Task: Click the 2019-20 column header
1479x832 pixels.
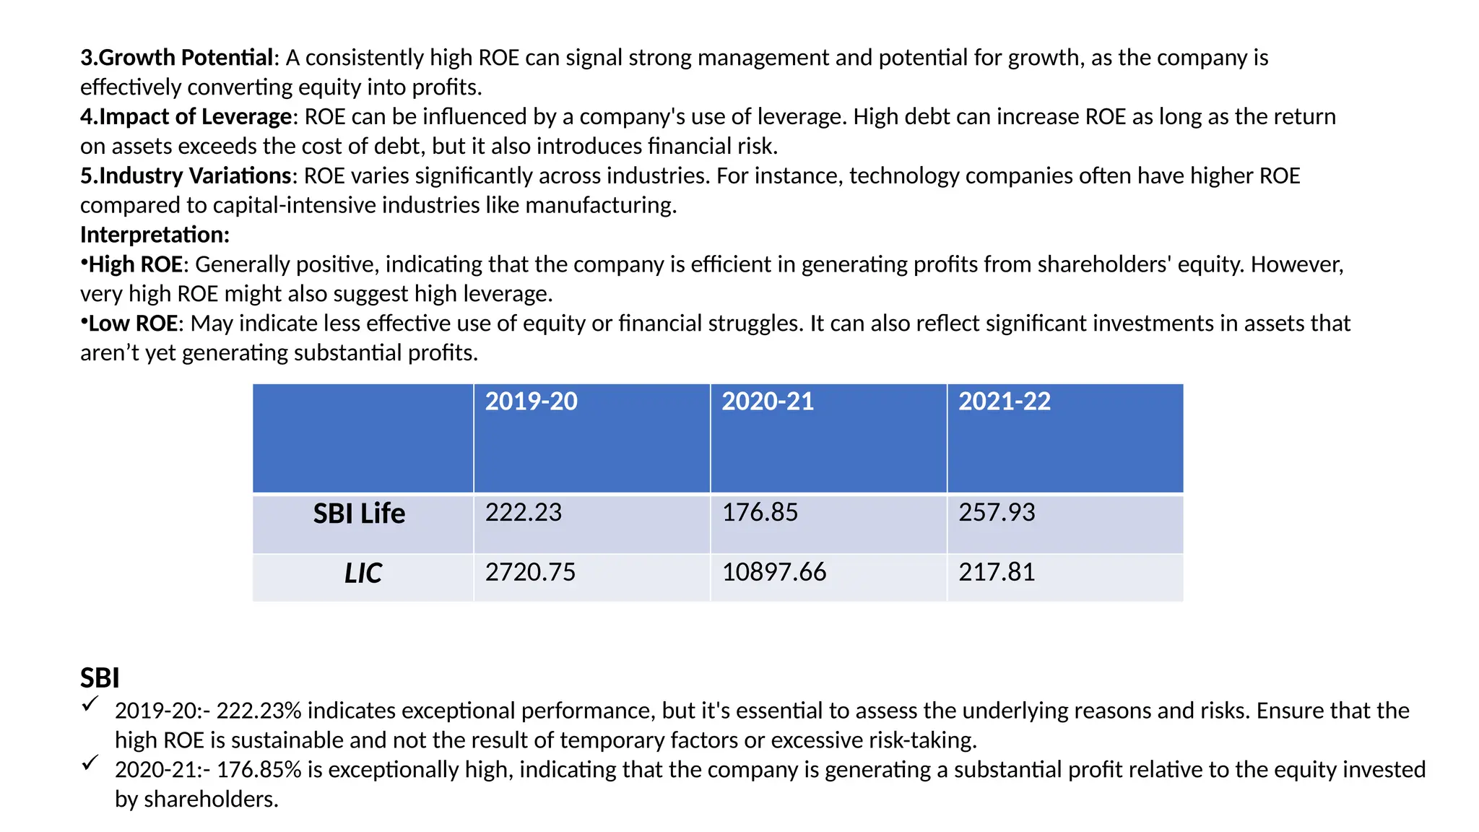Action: click(x=531, y=402)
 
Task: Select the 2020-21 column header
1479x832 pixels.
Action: click(x=767, y=402)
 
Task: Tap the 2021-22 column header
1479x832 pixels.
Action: click(x=1004, y=402)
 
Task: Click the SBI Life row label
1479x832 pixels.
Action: click(x=359, y=513)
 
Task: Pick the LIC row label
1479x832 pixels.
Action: click(x=363, y=573)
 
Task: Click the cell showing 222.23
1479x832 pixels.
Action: click(x=523, y=513)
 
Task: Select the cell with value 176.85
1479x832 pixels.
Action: click(x=760, y=513)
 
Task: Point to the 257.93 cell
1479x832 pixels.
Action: click(x=997, y=513)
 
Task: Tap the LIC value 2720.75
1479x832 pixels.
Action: click(x=530, y=573)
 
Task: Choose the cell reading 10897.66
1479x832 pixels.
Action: click(x=773, y=573)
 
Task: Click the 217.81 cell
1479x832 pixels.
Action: click(x=997, y=573)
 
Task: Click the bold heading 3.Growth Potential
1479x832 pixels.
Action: click(x=176, y=58)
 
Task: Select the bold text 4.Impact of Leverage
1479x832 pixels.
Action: click(x=186, y=117)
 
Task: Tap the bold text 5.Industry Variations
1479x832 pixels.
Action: click(x=186, y=176)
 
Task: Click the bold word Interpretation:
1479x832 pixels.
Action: click(x=155, y=235)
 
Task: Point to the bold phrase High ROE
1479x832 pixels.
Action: click(x=135, y=264)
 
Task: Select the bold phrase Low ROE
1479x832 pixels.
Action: click(x=133, y=324)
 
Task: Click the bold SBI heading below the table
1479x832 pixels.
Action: click(x=100, y=678)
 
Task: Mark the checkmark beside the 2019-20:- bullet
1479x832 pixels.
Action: click(x=90, y=704)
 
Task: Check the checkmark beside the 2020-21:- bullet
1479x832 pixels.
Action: click(x=90, y=763)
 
